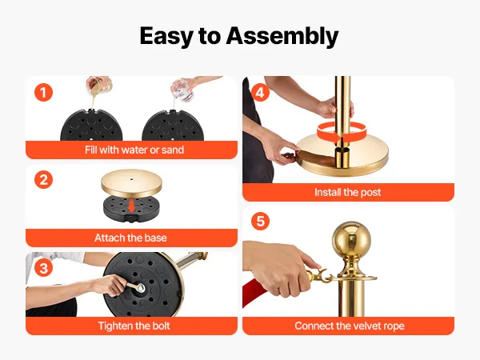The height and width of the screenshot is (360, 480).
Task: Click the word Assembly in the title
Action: pos(282,37)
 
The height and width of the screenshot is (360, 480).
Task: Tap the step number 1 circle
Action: pos(43,93)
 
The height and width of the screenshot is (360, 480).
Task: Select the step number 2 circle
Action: pos(43,180)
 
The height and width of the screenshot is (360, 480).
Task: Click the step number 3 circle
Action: pos(43,267)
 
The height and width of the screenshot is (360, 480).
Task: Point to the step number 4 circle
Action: pos(260,92)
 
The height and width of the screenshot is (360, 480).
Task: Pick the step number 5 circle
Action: pos(260,221)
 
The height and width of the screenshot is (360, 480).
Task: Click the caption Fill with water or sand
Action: pos(134,150)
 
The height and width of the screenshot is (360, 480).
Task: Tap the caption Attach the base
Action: pos(130,238)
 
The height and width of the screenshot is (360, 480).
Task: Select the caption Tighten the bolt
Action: pos(134,326)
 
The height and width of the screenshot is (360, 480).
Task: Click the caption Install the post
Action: pos(348,192)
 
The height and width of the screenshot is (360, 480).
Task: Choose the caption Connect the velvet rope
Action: pos(350,326)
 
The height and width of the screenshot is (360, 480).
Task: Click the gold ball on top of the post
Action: pos(351,238)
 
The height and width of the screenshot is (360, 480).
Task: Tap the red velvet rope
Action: pos(253,292)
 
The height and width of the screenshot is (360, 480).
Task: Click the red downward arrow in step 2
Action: pos(132,206)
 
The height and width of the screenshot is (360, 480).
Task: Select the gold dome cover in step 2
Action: pos(132,183)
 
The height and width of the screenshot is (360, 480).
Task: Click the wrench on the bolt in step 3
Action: pos(135,287)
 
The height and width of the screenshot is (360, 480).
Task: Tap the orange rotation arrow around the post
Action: pos(342,132)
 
